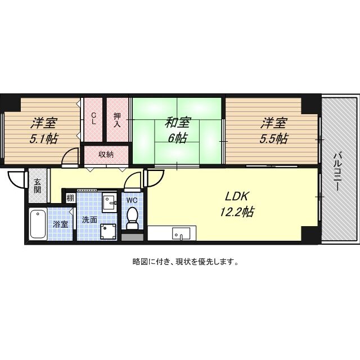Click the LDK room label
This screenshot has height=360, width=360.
tap(237, 197)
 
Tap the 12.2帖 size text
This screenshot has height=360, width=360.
tap(237, 212)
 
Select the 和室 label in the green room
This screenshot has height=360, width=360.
tap(177, 121)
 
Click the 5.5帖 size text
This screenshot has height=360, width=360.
tap(274, 137)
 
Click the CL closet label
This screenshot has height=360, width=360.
tap(94, 119)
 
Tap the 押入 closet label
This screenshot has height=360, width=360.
tap(118, 120)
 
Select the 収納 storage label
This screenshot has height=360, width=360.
tap(106, 154)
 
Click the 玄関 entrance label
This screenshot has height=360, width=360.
tap(37, 186)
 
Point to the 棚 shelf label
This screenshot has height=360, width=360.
tap(70, 198)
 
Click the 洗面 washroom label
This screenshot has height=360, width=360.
tap(89, 220)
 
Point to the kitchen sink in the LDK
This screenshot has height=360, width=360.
tap(181, 233)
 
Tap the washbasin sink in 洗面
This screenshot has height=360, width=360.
tap(109, 201)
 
